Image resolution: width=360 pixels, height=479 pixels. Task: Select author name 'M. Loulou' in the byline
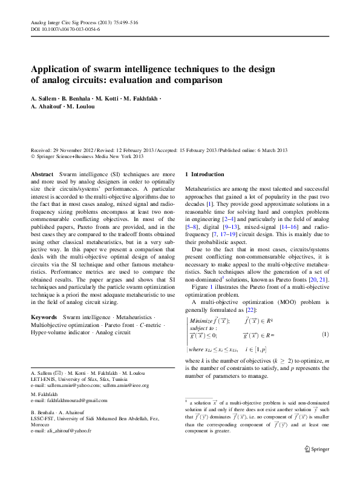81,107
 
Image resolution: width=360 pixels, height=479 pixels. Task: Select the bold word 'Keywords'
44,317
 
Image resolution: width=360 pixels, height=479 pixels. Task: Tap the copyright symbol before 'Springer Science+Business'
33,156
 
